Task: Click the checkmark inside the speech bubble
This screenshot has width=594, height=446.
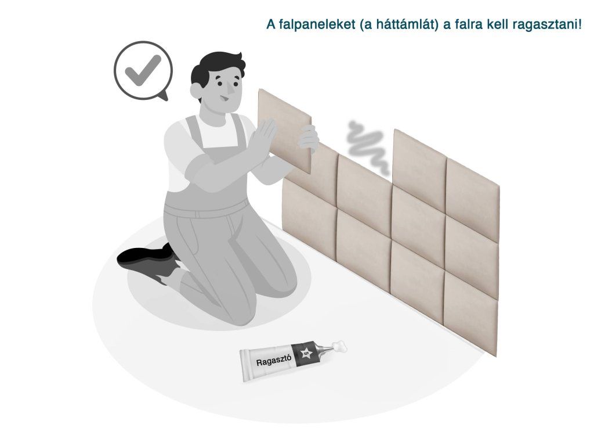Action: pyautogui.click(x=143, y=70)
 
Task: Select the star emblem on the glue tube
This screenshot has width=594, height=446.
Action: pyautogui.click(x=306, y=354)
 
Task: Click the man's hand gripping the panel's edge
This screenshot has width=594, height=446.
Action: pyautogui.click(x=309, y=138)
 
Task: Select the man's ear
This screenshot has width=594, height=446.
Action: pyautogui.click(x=196, y=91)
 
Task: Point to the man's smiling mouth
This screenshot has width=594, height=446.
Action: pyautogui.click(x=224, y=100)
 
